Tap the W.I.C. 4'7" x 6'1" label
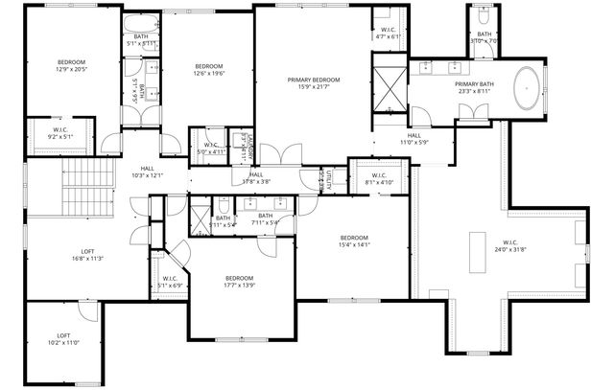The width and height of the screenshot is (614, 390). pos(388,33)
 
